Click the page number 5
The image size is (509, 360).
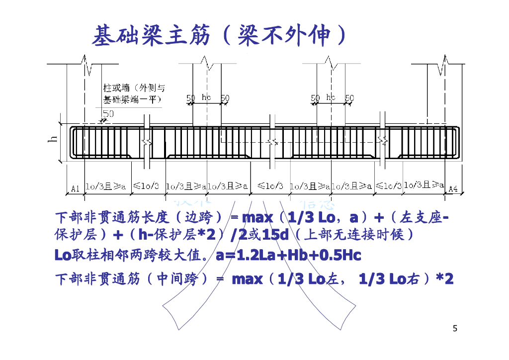455,328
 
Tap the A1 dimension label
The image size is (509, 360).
75,188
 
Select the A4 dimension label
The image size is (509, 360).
453,188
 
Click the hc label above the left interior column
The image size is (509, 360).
207,97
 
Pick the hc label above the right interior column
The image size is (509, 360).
331,97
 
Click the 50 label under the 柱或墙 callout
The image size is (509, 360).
108,113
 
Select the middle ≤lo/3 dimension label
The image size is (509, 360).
270,186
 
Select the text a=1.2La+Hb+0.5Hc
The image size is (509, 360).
288,256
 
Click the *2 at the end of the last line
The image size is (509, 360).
444,279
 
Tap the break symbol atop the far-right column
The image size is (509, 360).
442,66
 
